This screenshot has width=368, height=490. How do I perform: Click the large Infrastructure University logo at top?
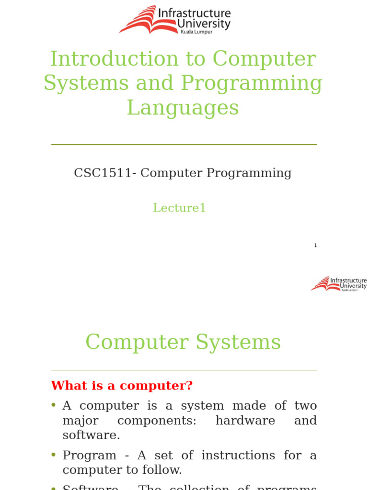(175, 20)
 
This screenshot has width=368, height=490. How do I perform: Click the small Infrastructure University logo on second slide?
(339, 284)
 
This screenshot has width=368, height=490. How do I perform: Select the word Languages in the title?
(183, 108)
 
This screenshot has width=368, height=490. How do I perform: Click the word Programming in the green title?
(252, 83)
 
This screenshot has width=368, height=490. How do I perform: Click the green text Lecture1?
(179, 208)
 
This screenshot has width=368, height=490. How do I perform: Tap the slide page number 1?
(315, 245)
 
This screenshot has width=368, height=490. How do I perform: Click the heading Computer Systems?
(183, 343)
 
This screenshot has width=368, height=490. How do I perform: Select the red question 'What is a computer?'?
(122, 386)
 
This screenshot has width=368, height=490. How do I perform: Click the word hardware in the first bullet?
(245, 421)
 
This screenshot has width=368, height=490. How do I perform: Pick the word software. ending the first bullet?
(91, 435)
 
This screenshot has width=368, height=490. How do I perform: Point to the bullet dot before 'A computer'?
(54, 405)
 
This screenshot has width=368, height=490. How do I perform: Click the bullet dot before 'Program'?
(54, 455)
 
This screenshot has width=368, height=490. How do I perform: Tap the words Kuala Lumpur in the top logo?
(195, 32)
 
